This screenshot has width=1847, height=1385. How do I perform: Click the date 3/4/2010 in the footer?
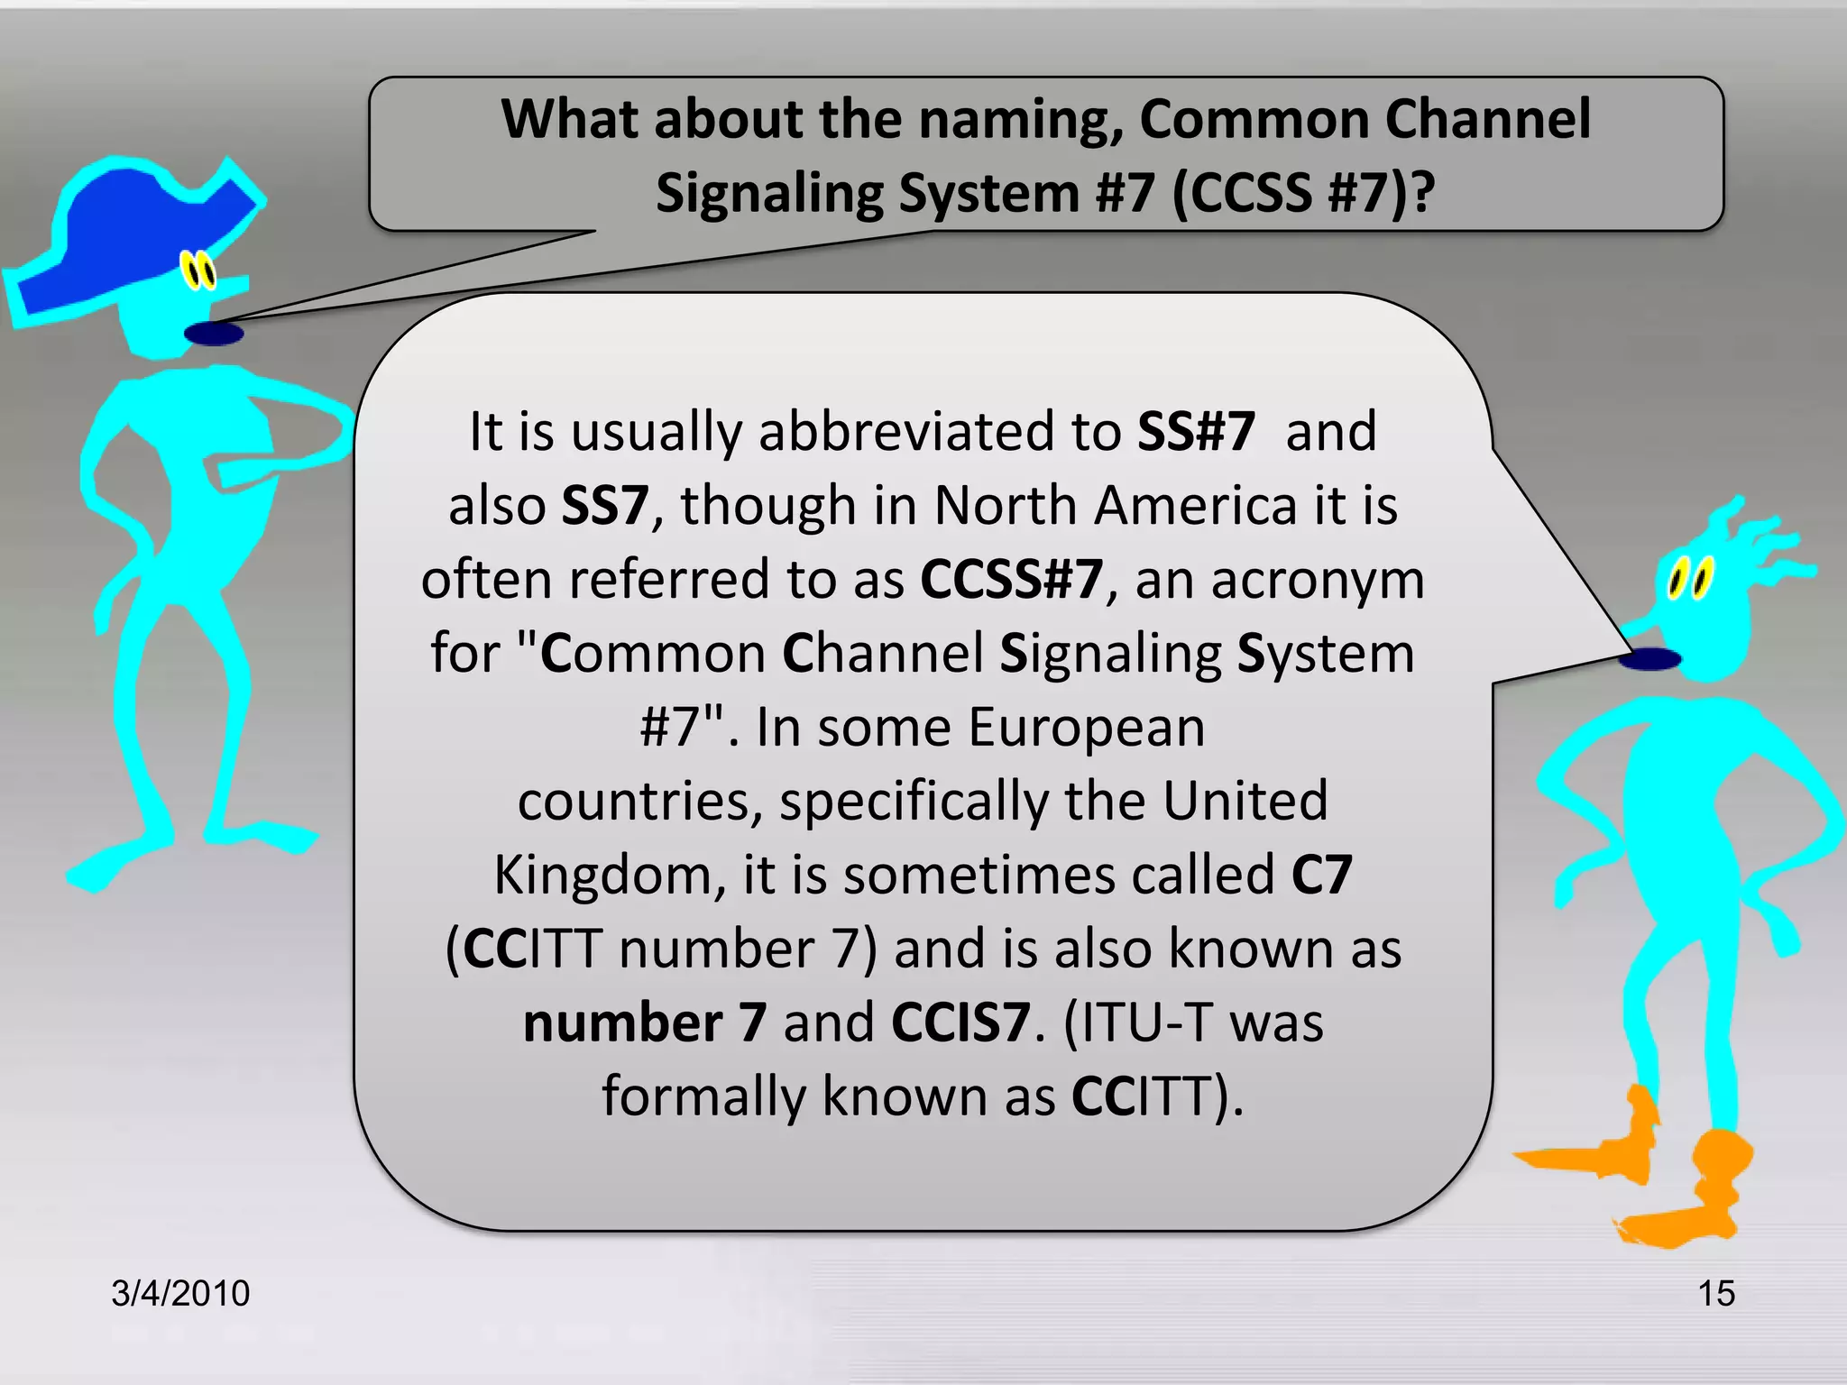pos(180,1293)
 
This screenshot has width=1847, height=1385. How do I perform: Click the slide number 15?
pos(1716,1293)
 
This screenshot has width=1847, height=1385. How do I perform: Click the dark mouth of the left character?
pos(214,334)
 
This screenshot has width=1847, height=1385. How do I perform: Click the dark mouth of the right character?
pos(1649,659)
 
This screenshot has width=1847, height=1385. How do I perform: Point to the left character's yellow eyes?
pos(198,270)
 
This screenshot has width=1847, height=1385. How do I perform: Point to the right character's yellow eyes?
pos(1690,577)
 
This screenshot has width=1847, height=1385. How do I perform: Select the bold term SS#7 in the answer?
pos(1196,431)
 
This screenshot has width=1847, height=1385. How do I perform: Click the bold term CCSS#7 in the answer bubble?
pos(1012,579)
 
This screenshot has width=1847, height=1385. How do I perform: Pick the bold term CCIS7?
pos(960,1023)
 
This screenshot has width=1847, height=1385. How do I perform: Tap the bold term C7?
pos(1322,875)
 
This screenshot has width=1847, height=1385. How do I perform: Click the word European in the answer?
pos(1087,727)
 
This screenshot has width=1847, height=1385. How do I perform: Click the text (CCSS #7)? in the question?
pos(1303,193)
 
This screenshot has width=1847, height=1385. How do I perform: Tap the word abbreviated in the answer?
pos(907,431)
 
